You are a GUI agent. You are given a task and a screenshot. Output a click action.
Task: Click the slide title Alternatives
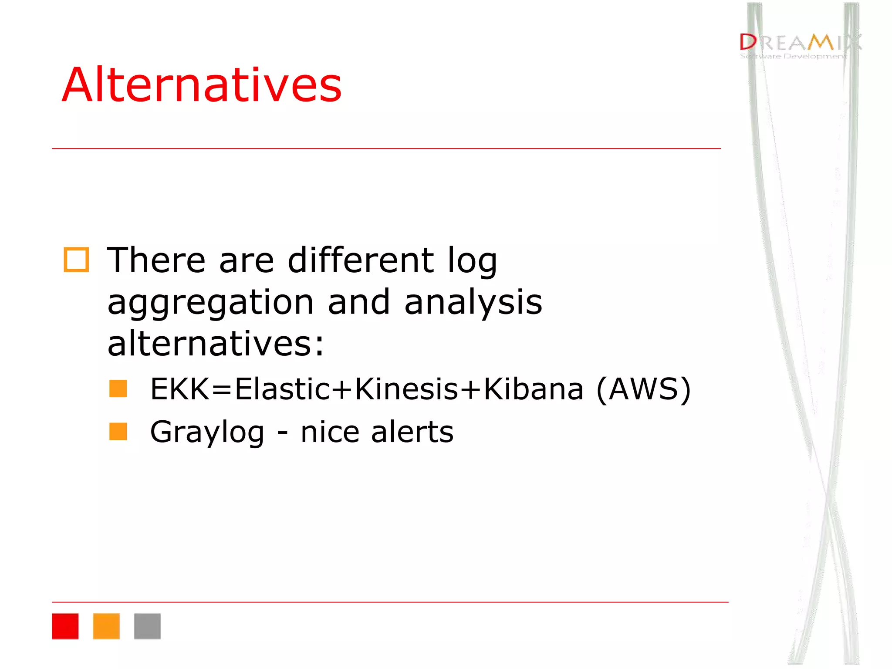202,85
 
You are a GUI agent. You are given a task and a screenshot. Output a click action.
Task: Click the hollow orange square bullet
76,260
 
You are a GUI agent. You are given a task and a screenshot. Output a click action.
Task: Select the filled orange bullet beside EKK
118,389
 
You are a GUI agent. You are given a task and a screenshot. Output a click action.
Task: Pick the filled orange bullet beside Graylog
118,431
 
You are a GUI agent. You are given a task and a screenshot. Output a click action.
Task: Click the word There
156,260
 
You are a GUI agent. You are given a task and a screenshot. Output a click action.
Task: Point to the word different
361,260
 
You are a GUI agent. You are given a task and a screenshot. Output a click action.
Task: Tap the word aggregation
210,303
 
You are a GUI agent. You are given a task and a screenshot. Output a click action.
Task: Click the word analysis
473,303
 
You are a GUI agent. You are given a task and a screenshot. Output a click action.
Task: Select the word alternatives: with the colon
216,344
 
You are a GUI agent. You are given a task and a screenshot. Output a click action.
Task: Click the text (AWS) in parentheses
643,389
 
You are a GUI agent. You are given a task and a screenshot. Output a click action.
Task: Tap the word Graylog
207,432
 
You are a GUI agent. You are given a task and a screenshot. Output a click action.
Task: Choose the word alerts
412,432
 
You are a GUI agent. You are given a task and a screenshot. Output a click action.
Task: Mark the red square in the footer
65,626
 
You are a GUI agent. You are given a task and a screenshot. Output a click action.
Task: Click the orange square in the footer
106,626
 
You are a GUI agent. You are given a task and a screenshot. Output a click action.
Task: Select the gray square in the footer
147,626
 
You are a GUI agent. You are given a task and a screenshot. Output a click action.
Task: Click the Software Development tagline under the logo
793,56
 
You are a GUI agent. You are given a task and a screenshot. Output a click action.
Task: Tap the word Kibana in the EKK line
534,389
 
